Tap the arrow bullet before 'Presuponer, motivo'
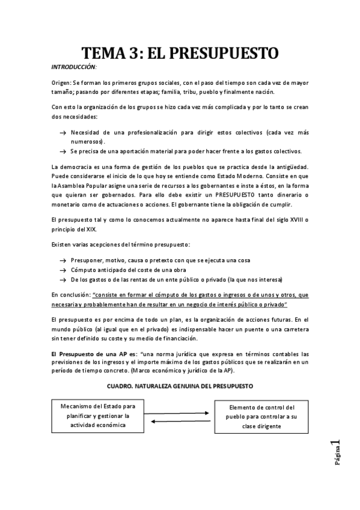(63, 260)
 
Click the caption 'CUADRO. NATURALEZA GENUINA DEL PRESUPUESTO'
(180, 385)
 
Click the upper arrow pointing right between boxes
(180, 413)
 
